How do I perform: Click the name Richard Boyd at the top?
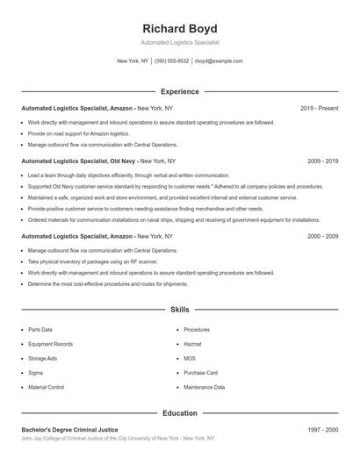pyautogui.click(x=179, y=28)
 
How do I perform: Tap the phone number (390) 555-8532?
pyautogui.click(x=171, y=61)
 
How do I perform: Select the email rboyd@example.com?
pyautogui.click(x=219, y=61)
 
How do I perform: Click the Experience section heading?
pyautogui.click(x=179, y=91)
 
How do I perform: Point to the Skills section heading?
pyautogui.click(x=179, y=310)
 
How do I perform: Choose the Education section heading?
pyautogui.click(x=179, y=412)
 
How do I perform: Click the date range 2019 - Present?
pyautogui.click(x=319, y=108)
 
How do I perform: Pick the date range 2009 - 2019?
pyautogui.click(x=322, y=161)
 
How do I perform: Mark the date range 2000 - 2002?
pyautogui.click(x=322, y=236)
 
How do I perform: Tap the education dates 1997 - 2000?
pyautogui.click(x=322, y=429)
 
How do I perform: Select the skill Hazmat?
pyautogui.click(x=193, y=344)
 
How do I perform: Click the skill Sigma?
pyautogui.click(x=37, y=372)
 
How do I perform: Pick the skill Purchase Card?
pyautogui.click(x=201, y=372)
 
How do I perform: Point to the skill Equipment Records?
pyautogui.click(x=50, y=344)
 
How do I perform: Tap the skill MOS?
pyautogui.click(x=190, y=358)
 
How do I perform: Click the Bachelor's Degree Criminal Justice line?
pyautogui.click(x=69, y=429)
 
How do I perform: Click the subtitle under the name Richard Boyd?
pyautogui.click(x=179, y=42)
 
